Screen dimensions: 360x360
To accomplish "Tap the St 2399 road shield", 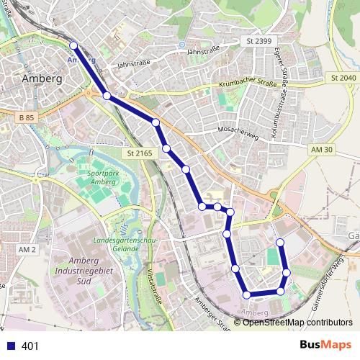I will pyautogui.click(x=257, y=41).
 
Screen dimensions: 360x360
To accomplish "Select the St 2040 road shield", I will pyautogui.click(x=343, y=77).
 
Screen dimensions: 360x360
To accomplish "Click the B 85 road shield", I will pyautogui.click(x=27, y=117).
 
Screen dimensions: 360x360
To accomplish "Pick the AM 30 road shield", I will pyautogui.click(x=323, y=148).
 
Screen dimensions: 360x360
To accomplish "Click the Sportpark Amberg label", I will pyautogui.click(x=100, y=179).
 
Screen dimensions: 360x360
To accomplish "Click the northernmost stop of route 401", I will pyautogui.click(x=73, y=46).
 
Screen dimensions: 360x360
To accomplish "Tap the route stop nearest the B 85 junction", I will pyautogui.click(x=107, y=96).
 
